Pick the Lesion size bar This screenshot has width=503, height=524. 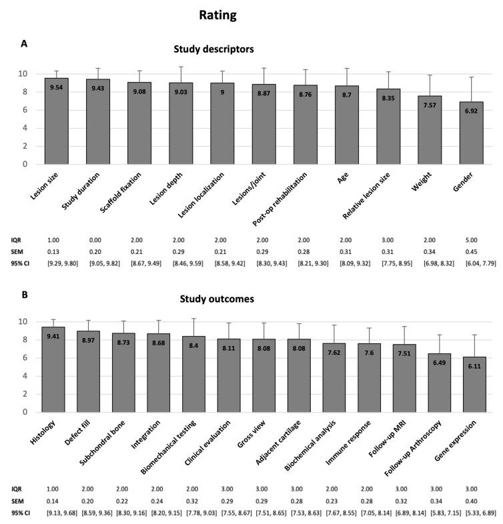click(x=57, y=121)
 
